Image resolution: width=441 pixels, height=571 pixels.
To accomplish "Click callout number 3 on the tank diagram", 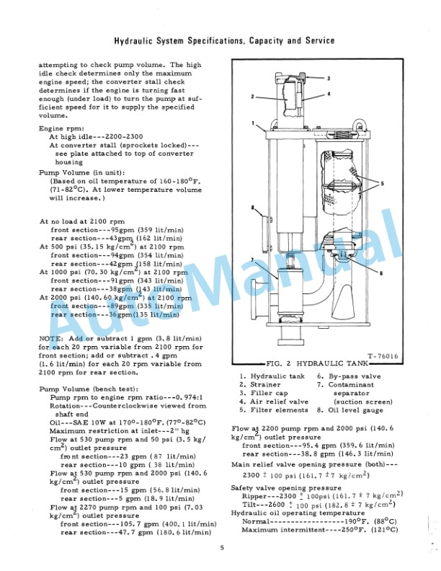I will [328, 78].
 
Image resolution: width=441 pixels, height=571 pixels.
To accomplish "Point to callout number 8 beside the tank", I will [254, 209].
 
